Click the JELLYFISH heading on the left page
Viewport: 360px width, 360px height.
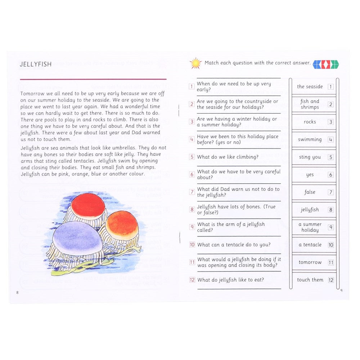[x=36, y=64]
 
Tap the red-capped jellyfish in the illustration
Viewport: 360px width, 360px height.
[x=87, y=206]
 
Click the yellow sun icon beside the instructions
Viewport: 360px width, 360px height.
[x=196, y=63]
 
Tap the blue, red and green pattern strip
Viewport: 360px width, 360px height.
[x=325, y=64]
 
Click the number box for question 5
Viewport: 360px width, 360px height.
[x=192, y=157]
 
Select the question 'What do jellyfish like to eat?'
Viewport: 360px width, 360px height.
[x=230, y=280]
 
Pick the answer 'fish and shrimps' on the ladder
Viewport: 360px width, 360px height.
[x=310, y=104]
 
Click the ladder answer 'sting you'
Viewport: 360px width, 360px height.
[x=310, y=157]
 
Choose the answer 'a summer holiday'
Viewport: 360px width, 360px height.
[x=310, y=227]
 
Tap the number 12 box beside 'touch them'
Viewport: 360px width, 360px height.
[x=331, y=280]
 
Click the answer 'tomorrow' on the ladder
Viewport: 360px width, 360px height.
[x=310, y=262]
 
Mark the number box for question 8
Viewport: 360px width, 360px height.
[x=192, y=210]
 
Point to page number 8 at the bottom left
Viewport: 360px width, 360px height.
[x=17, y=292]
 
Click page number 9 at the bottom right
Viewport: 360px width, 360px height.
[x=342, y=291]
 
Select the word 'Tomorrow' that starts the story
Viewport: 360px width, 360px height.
[x=33, y=94]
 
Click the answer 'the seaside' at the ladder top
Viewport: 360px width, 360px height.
[x=310, y=86]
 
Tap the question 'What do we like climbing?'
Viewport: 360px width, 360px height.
[x=228, y=157]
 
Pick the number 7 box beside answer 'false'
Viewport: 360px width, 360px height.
[x=330, y=192]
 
